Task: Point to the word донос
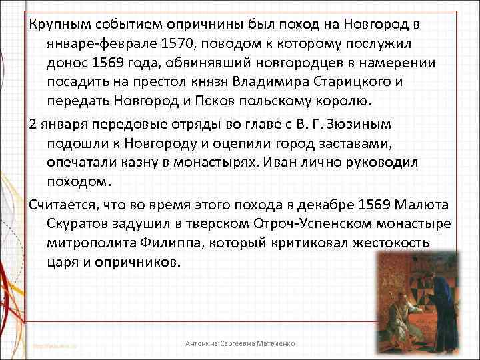[x=67, y=63]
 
